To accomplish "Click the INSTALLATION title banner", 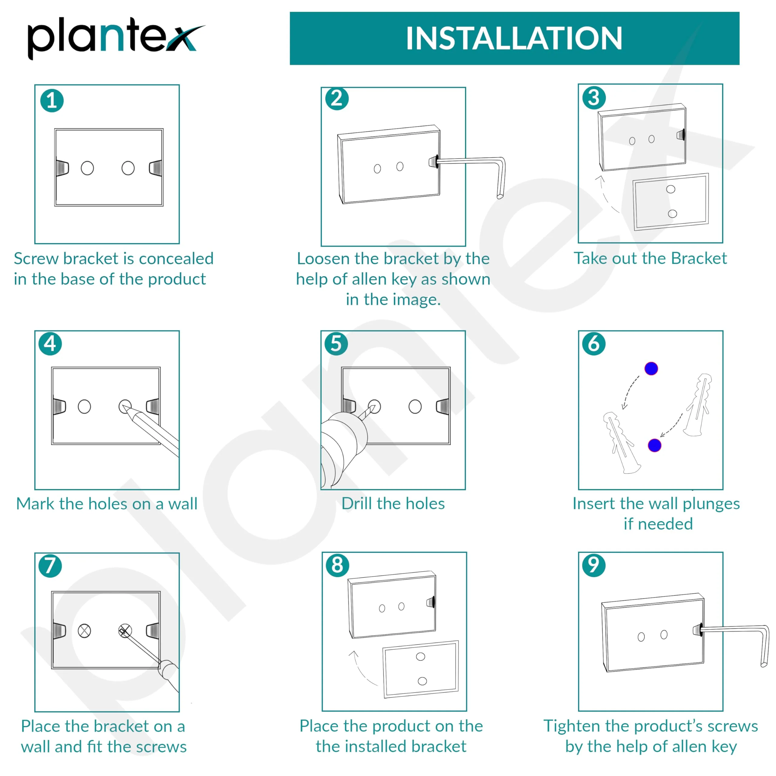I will pos(514,38).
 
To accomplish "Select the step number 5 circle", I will pos(336,344).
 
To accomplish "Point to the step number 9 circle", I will pos(594,565).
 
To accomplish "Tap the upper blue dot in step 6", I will pos(651,368).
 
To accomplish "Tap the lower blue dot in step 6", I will pos(654,445).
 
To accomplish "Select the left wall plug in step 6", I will pos(620,442).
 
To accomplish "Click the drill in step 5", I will pos(341,446).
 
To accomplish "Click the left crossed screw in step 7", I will pos(84,630).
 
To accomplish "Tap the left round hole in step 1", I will pos(87,168).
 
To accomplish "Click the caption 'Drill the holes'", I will pos(393,503).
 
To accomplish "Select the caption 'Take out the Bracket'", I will pos(650,258).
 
